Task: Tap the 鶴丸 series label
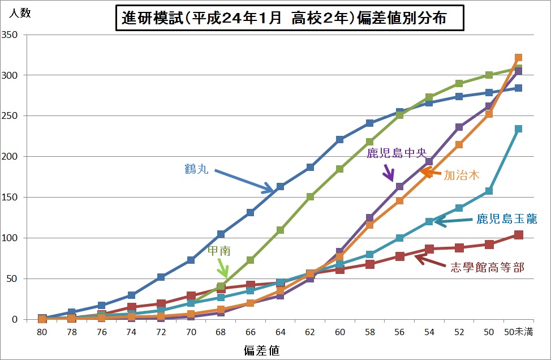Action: click(196, 169)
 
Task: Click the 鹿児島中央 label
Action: click(396, 153)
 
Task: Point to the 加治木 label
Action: click(461, 175)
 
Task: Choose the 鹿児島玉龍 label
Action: click(506, 218)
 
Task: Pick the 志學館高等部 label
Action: click(487, 267)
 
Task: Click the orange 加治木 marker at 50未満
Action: click(518, 58)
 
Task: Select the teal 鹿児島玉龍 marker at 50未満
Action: click(518, 129)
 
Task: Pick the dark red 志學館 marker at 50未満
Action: click(518, 235)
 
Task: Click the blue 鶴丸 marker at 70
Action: click(191, 260)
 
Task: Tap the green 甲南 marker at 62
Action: click(310, 197)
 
